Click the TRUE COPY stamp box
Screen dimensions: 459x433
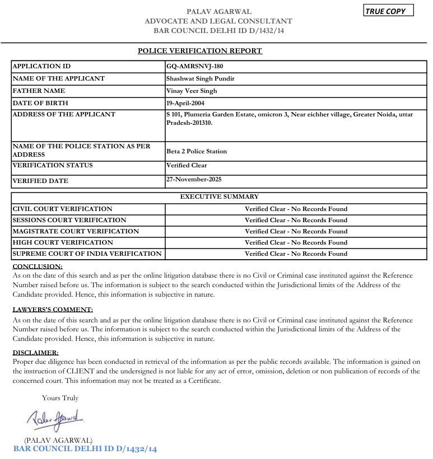pos(388,11)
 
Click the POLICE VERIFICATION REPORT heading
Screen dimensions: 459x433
pos(200,51)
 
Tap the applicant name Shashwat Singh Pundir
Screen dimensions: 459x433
pos(201,78)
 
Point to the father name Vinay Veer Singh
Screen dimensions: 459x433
pos(192,91)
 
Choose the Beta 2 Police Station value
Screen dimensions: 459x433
pos(197,151)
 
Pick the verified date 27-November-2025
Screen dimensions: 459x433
pos(194,180)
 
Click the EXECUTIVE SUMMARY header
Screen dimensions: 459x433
pos(219,197)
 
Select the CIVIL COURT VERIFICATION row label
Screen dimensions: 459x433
pos(62,209)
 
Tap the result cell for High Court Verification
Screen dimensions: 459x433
pos(296,242)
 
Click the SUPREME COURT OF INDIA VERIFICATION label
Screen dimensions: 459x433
pos(87,254)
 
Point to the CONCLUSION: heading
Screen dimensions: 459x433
pos(38,266)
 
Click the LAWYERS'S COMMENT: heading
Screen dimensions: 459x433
pos(53,310)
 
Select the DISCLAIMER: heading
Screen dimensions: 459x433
pos(35,353)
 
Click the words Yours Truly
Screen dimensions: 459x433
pos(60,398)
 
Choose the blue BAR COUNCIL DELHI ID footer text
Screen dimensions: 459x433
pos(85,449)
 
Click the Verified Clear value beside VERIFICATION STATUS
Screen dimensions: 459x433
pos(187,165)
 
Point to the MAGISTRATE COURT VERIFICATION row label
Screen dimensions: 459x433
pos(76,231)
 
